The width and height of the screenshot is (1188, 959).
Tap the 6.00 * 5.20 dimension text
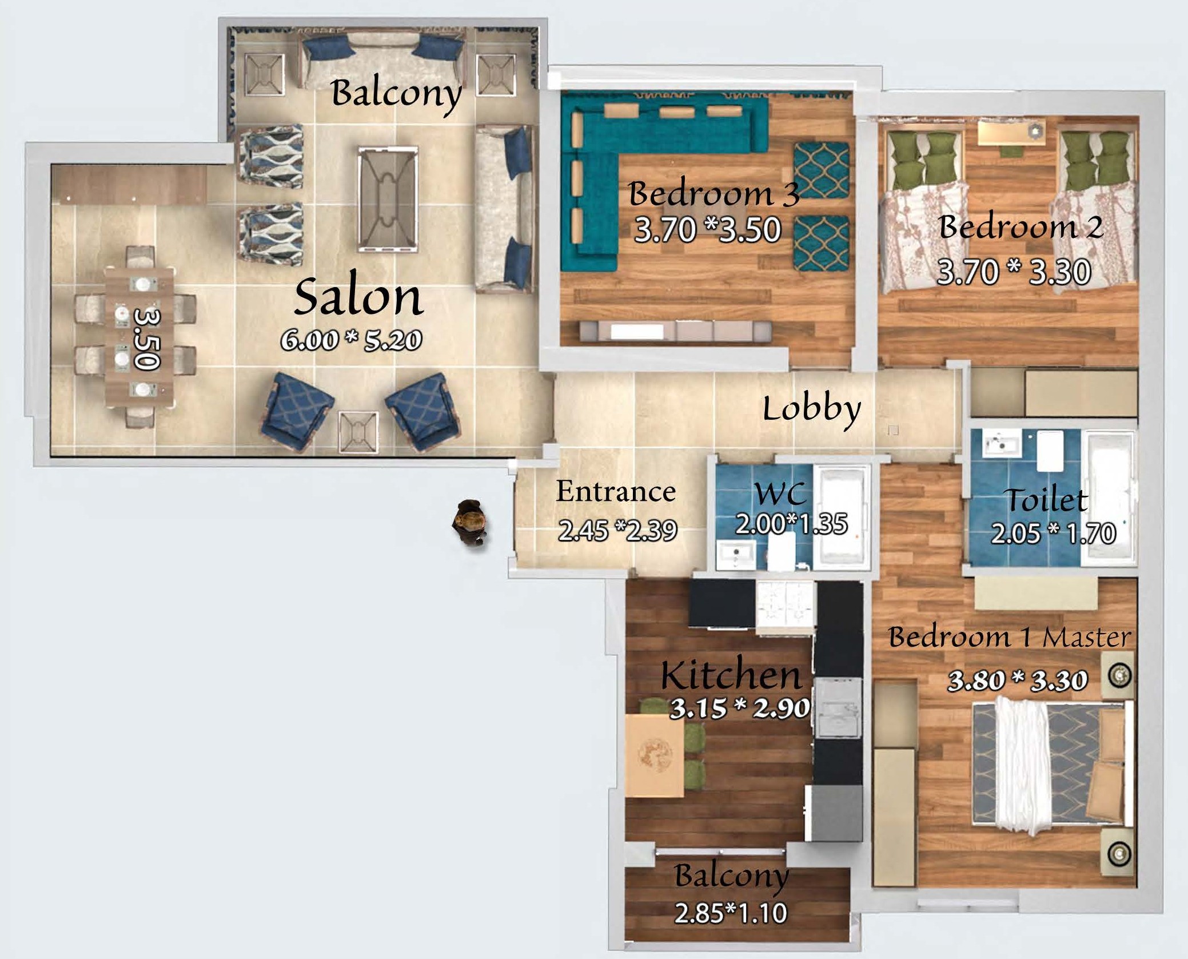pos(352,340)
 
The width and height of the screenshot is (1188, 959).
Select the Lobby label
pos(812,409)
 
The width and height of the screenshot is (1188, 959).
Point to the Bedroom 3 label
pos(713,193)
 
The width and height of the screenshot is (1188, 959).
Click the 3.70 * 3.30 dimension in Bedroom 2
pos(1014,272)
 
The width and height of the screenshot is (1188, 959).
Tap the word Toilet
pos(1047,500)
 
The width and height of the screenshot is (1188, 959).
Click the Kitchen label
pos(731,675)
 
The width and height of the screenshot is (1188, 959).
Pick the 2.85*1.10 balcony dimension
pos(731,913)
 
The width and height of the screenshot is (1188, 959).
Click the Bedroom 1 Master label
pos(1009,637)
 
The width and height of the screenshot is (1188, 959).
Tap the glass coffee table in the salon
pos(388,199)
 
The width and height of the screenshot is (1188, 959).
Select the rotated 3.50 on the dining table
pos(146,339)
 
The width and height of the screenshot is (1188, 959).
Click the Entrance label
pos(616,491)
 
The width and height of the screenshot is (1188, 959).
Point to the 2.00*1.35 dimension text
pos(791,524)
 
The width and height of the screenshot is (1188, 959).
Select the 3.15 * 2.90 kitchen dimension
pos(740,709)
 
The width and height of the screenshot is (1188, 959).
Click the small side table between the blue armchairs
pos(358,432)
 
